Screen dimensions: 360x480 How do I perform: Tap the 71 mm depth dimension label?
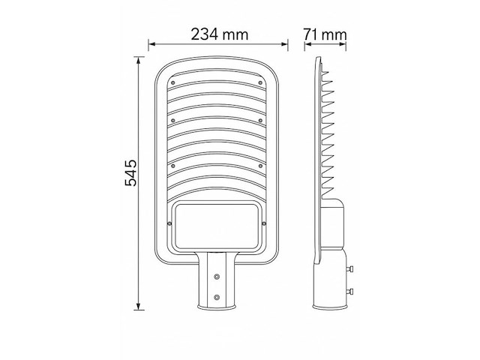[x=326, y=34]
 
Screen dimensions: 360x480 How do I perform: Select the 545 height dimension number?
[x=130, y=174]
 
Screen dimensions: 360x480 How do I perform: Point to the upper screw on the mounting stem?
[x=217, y=275]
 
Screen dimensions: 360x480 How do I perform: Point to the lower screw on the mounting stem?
[x=217, y=298]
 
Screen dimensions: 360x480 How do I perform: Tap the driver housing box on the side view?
[x=334, y=225]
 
